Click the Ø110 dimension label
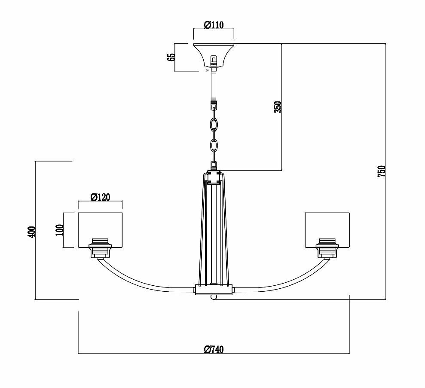click(x=214, y=25)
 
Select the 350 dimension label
click(x=278, y=107)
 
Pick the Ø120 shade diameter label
click(x=101, y=197)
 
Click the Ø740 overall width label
click(x=214, y=349)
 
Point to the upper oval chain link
click(x=214, y=125)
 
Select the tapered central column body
click(x=214, y=228)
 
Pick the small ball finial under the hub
click(x=214, y=297)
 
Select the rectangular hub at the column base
click(x=214, y=290)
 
